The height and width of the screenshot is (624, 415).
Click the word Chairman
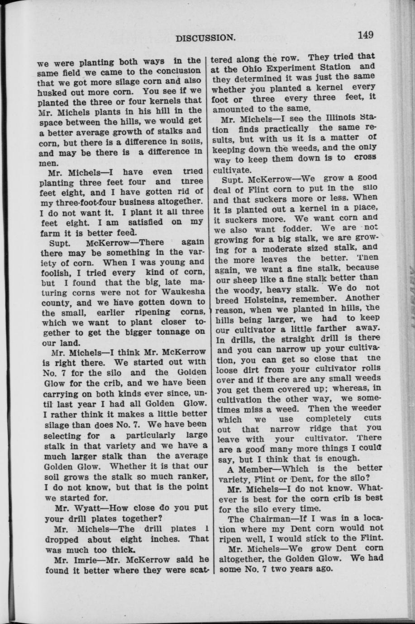click(283, 518)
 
